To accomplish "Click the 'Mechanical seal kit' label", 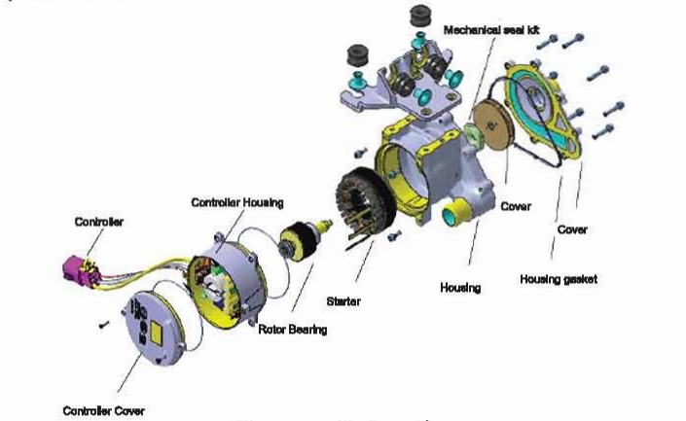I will point(491,31).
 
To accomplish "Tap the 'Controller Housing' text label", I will point(236,203).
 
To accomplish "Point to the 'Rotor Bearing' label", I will point(293,330).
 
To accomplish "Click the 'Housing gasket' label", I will point(559,280).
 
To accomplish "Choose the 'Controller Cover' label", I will point(104,409).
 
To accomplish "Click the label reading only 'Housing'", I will point(461,288).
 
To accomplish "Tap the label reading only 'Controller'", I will point(99,222).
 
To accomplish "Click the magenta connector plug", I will point(73,269).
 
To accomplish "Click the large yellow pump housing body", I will point(428,165).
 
